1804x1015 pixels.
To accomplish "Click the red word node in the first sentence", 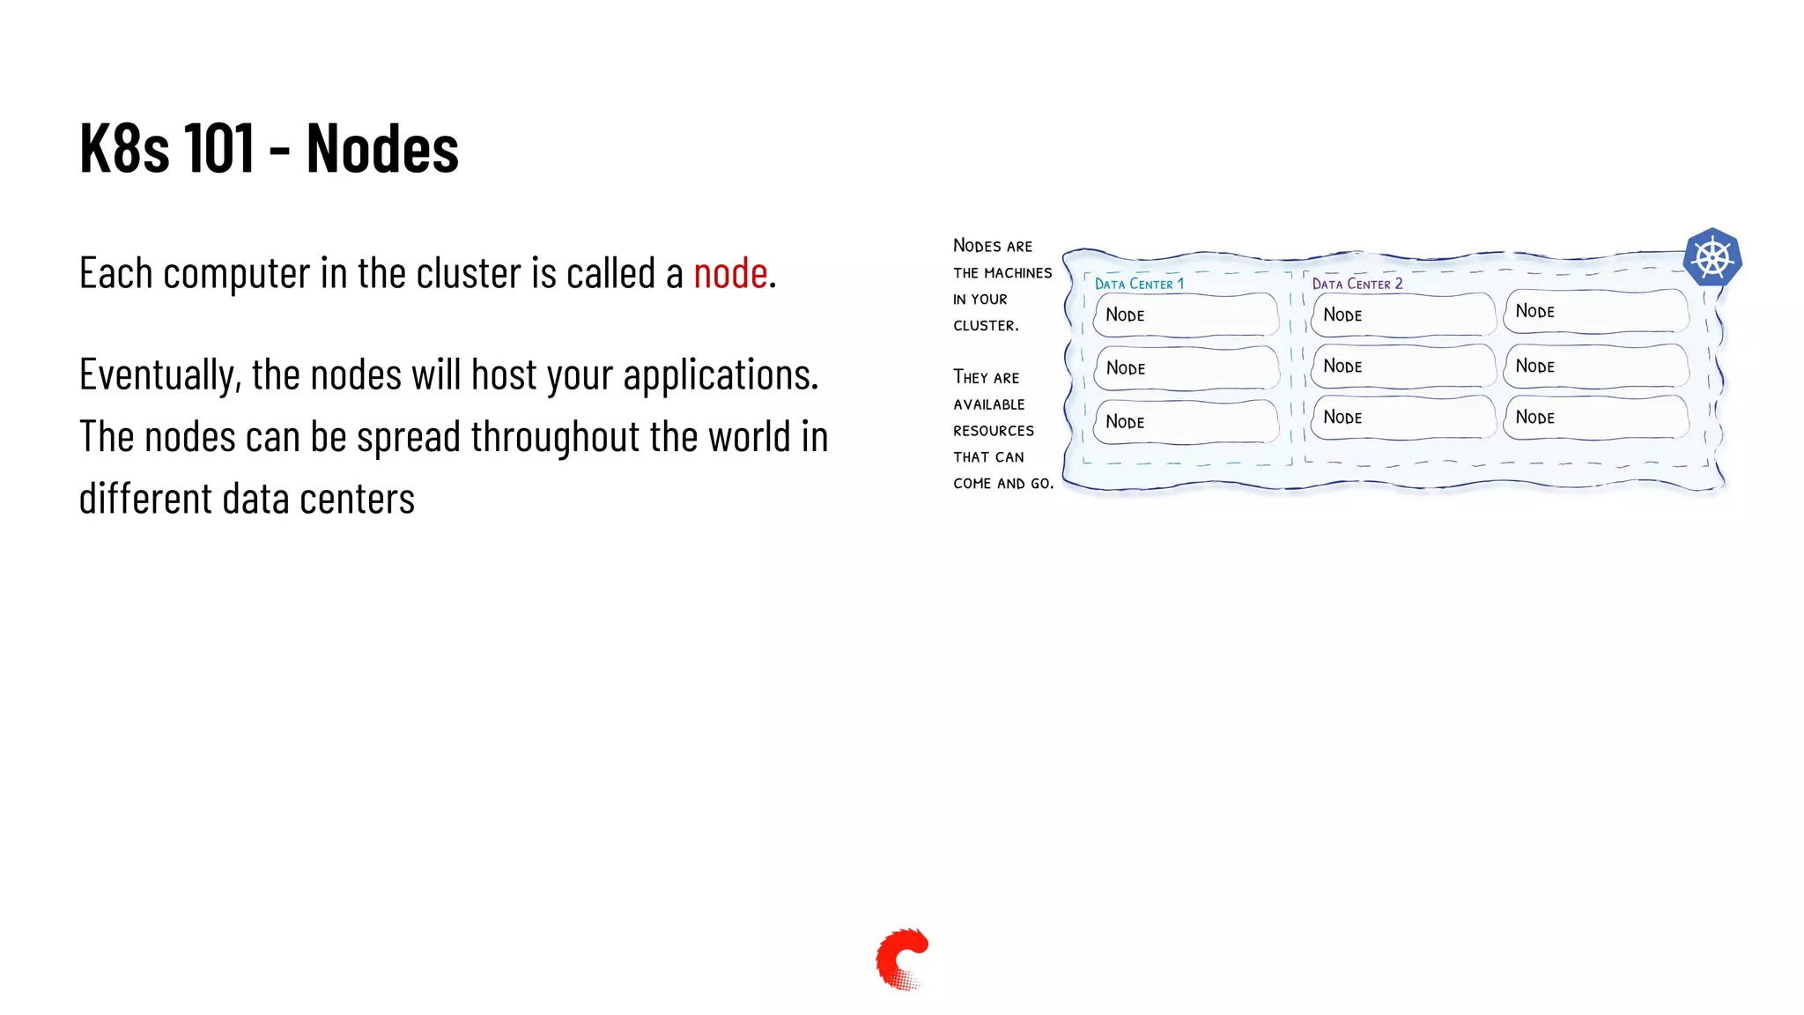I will point(730,273).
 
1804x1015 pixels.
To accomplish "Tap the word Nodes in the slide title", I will point(382,148).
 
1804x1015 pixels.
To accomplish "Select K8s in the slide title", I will point(124,148).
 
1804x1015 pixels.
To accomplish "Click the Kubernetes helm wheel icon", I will point(1712,258).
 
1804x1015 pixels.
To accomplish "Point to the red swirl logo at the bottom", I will point(901,959).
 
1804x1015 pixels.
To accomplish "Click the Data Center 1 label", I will point(1139,284).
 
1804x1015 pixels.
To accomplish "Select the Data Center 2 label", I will point(1357,284).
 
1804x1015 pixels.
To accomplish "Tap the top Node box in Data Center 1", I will point(1186,315).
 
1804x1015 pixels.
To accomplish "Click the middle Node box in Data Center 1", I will point(1186,367).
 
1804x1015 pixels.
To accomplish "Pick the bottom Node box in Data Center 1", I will point(1186,421).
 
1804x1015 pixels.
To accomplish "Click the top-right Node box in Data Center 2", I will point(1595,311).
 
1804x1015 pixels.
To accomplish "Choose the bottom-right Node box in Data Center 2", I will point(1595,417).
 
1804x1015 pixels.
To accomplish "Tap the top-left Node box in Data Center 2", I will point(1402,315).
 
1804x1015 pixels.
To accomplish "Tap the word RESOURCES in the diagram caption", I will point(994,431).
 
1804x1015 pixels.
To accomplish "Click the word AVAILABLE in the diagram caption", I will point(989,404).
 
